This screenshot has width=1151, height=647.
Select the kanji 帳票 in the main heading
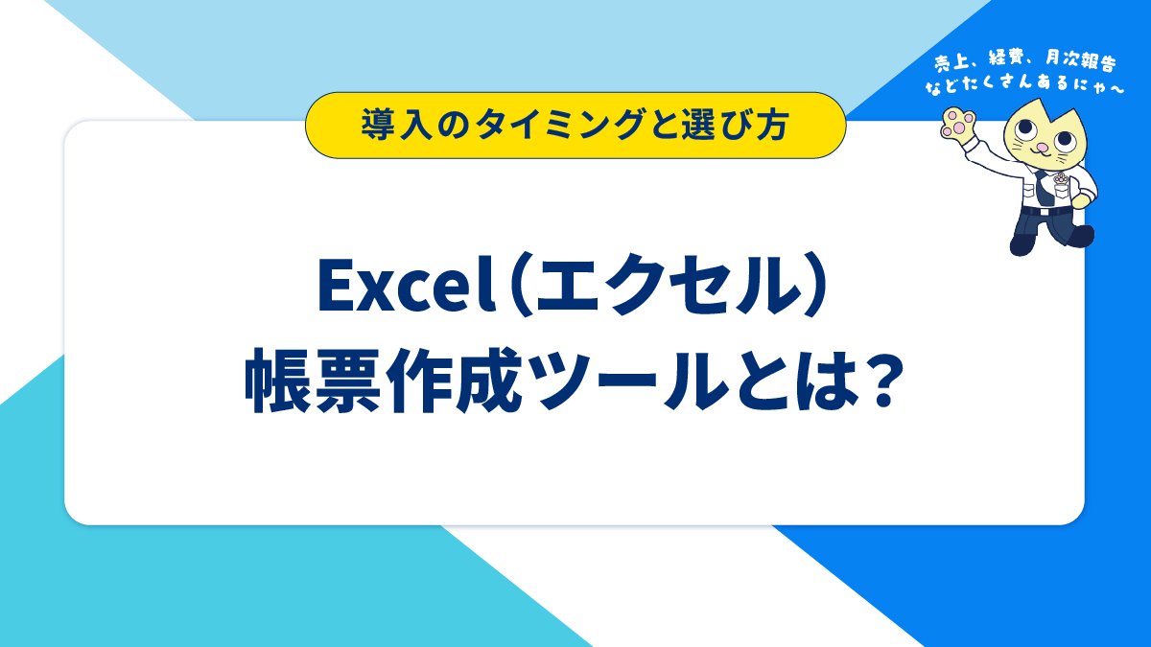click(x=312, y=381)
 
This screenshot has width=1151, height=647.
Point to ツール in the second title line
click(x=631, y=381)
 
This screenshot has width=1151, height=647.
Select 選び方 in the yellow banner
click(x=735, y=126)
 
